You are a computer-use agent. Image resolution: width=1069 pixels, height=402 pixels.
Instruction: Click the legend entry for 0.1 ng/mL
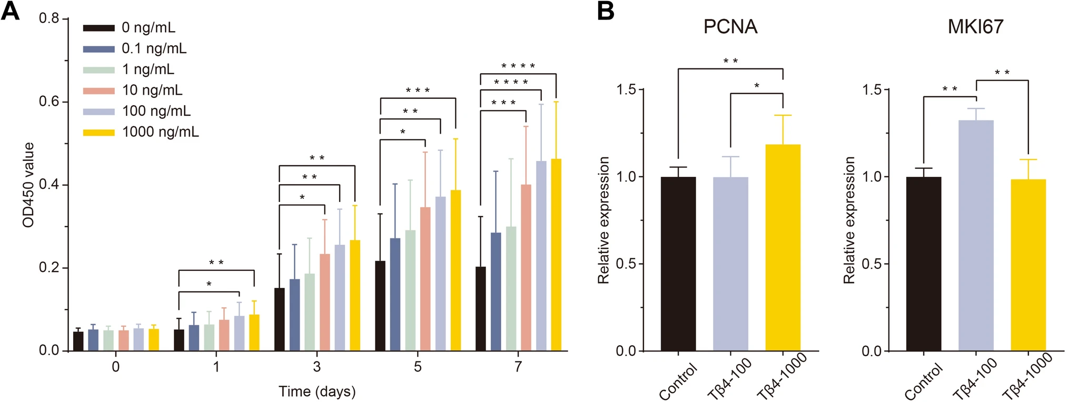point(135,48)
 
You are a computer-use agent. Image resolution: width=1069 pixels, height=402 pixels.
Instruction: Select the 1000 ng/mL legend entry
point(141,132)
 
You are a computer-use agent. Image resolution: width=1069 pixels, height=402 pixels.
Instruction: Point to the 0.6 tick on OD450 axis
point(49,101)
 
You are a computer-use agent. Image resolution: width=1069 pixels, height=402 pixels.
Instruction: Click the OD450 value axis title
point(28,185)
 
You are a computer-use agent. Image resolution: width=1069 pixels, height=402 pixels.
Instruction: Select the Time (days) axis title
point(317,391)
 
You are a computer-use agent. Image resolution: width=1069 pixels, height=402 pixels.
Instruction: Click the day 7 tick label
point(518,367)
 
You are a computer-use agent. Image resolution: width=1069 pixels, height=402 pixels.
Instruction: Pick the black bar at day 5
point(380,306)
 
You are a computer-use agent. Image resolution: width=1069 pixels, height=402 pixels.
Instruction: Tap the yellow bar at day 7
point(556,255)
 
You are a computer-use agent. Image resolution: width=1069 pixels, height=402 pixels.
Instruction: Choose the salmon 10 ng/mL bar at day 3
point(325,302)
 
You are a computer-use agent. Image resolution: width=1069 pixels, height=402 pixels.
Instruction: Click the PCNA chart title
point(730,27)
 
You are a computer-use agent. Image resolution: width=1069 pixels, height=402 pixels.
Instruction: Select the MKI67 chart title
point(976,27)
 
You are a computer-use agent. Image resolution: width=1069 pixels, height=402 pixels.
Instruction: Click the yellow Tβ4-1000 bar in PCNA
point(783,247)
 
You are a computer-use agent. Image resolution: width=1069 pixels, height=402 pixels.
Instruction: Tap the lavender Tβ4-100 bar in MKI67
point(976,235)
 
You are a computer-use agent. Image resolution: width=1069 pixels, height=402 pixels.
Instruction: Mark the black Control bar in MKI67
point(924,264)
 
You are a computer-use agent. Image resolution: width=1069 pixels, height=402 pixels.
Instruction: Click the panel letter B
point(606,11)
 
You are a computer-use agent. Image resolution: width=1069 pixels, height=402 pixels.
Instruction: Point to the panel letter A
point(10,11)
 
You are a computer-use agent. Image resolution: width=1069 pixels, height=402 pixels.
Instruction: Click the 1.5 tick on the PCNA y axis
point(627,89)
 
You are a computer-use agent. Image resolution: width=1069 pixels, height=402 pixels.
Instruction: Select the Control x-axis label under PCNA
point(678,381)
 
